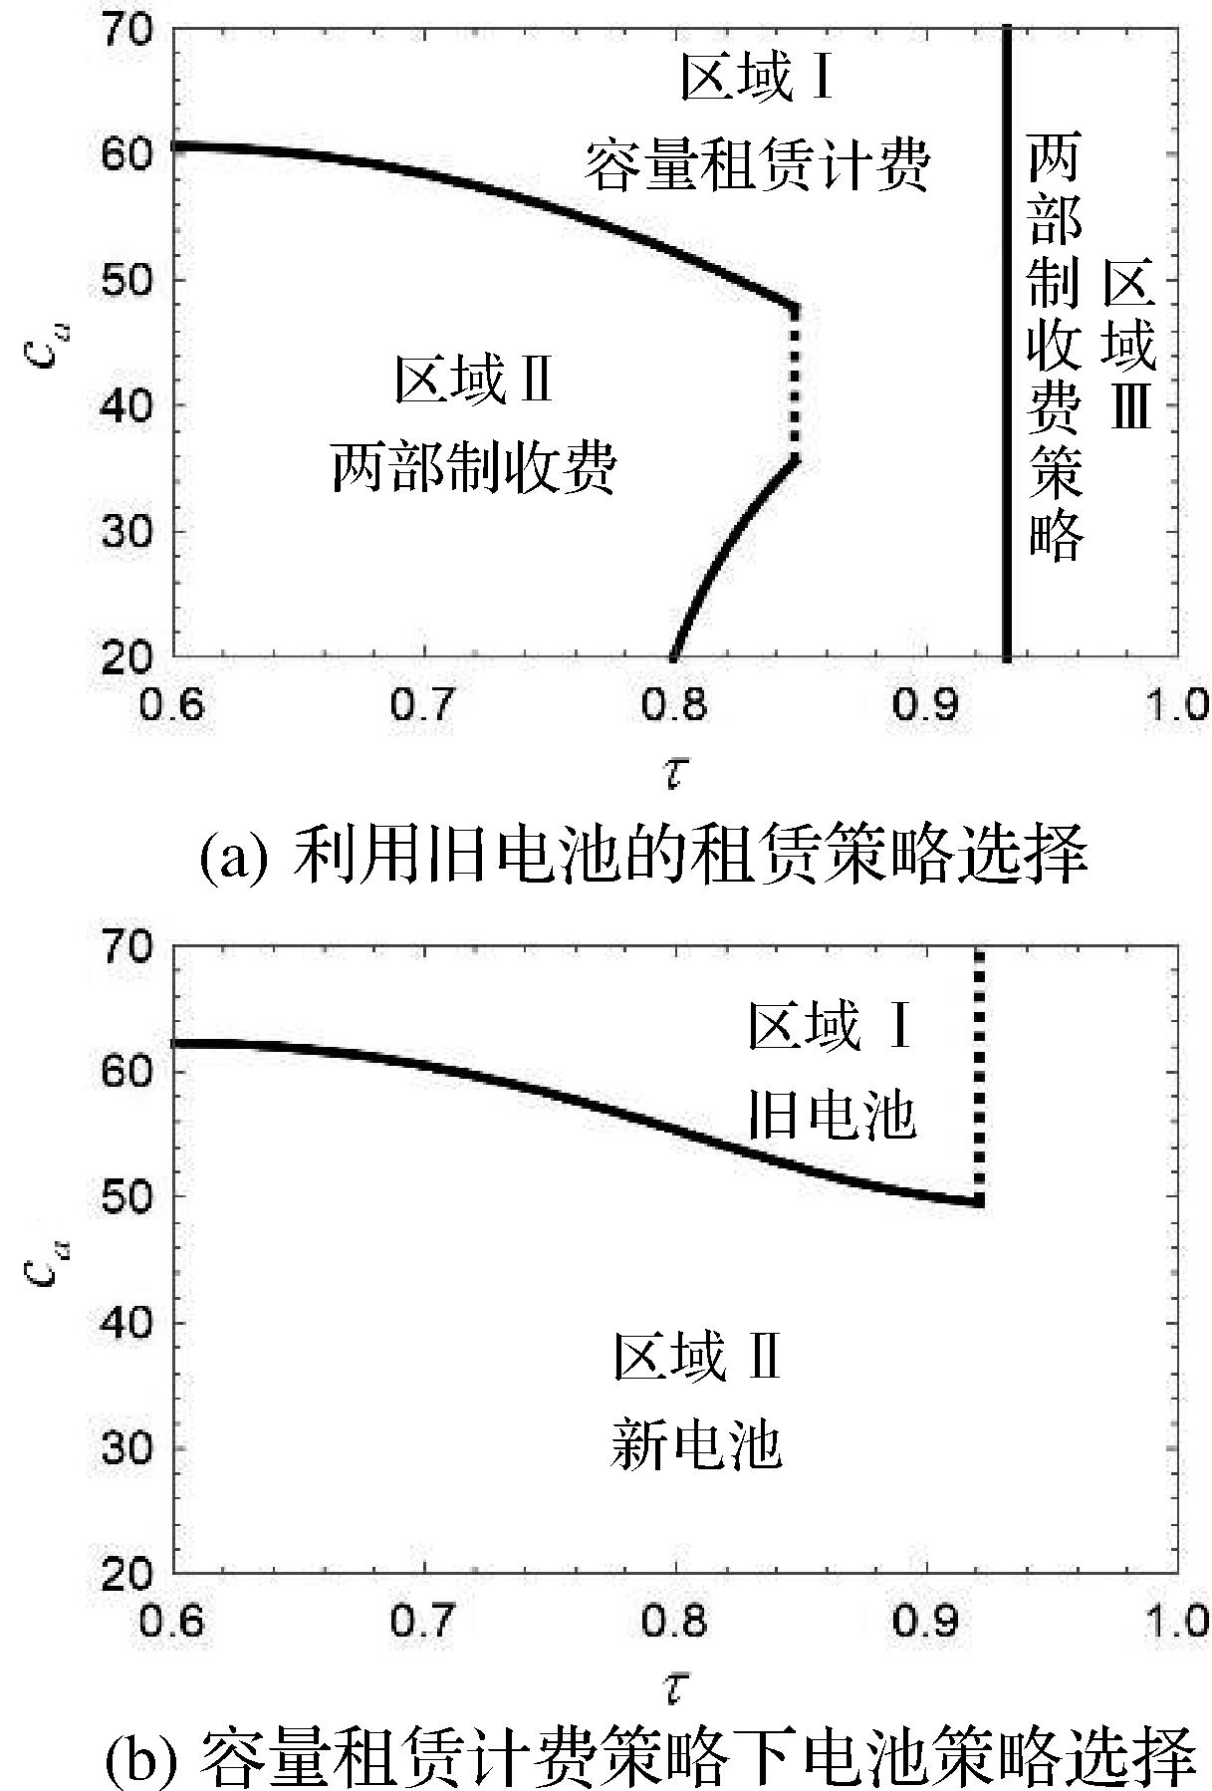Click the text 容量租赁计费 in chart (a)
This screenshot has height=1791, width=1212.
click(x=756, y=165)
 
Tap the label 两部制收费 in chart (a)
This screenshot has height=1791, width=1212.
click(x=474, y=467)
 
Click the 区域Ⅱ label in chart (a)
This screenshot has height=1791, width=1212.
click(x=474, y=380)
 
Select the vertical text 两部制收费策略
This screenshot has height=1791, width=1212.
click(x=1055, y=349)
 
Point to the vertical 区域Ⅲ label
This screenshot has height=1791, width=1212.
click(x=1130, y=349)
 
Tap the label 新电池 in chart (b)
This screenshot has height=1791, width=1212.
click(x=696, y=1445)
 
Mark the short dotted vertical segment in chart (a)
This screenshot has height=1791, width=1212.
click(x=794, y=384)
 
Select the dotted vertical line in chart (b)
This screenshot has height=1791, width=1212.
click(x=979, y=1076)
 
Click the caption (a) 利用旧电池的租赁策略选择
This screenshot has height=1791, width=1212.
click(x=642, y=856)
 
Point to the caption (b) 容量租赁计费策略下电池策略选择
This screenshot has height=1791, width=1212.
click(x=649, y=1757)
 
